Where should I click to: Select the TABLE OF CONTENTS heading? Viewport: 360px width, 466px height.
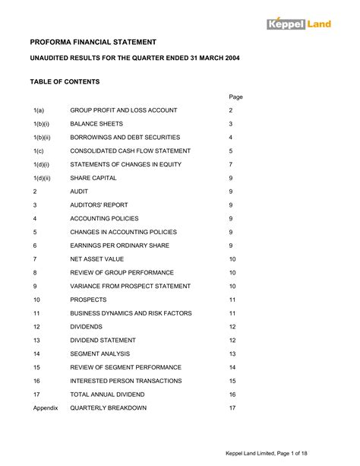click(x=65, y=81)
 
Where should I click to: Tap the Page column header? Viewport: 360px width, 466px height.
click(x=235, y=97)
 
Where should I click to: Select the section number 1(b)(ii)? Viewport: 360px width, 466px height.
click(x=43, y=138)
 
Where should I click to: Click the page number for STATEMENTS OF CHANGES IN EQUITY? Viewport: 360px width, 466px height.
click(x=230, y=164)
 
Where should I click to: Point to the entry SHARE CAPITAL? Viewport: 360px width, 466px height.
click(x=93, y=178)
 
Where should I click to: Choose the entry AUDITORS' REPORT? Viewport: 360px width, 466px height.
click(x=99, y=205)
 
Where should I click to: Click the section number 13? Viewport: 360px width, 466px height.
click(x=36, y=340)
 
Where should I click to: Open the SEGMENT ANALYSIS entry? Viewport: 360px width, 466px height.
click(x=100, y=353)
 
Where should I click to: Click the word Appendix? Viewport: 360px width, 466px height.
click(x=46, y=407)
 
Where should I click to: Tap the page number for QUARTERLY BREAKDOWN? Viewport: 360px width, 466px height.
click(x=232, y=407)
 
